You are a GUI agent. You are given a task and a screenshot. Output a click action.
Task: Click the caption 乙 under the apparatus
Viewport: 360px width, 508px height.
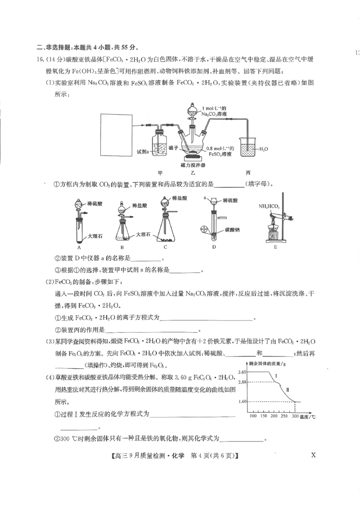[x=193, y=173]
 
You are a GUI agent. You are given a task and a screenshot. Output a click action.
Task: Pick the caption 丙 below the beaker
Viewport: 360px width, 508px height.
[x=248, y=173]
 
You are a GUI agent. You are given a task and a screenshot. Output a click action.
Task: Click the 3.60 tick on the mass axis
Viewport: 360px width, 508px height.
[x=242, y=372]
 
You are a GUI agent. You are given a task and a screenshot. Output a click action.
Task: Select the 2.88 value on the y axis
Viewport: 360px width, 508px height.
[x=242, y=382]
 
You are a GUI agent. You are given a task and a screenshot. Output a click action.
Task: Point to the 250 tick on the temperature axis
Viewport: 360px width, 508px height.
[x=284, y=416]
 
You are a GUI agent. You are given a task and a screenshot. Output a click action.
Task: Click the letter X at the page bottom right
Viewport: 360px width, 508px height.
[x=313, y=455]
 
